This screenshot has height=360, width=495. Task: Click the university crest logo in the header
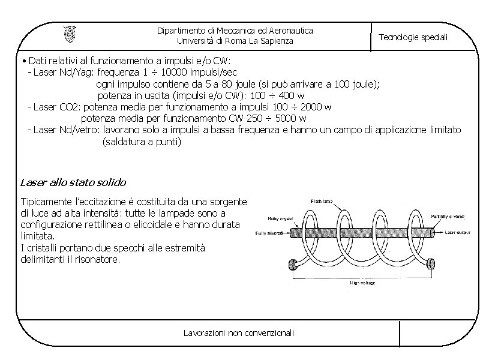pos(70,35)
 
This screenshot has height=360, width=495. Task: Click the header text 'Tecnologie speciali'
pos(413,37)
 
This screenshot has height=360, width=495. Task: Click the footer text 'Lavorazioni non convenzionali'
pos(239,332)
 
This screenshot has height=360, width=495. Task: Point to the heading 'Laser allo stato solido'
pos(73,182)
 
